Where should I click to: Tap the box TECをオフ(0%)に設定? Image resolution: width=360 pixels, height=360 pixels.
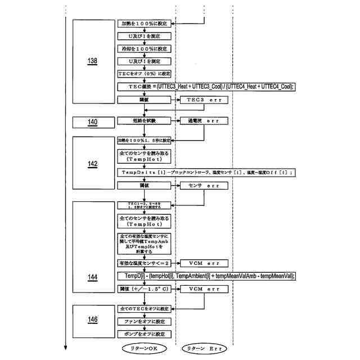(143, 74)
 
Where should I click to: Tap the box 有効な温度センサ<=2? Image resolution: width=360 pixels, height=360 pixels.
(143, 263)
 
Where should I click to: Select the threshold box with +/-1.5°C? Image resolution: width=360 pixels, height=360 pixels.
(143, 289)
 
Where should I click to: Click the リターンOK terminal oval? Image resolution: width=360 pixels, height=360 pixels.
(144, 349)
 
